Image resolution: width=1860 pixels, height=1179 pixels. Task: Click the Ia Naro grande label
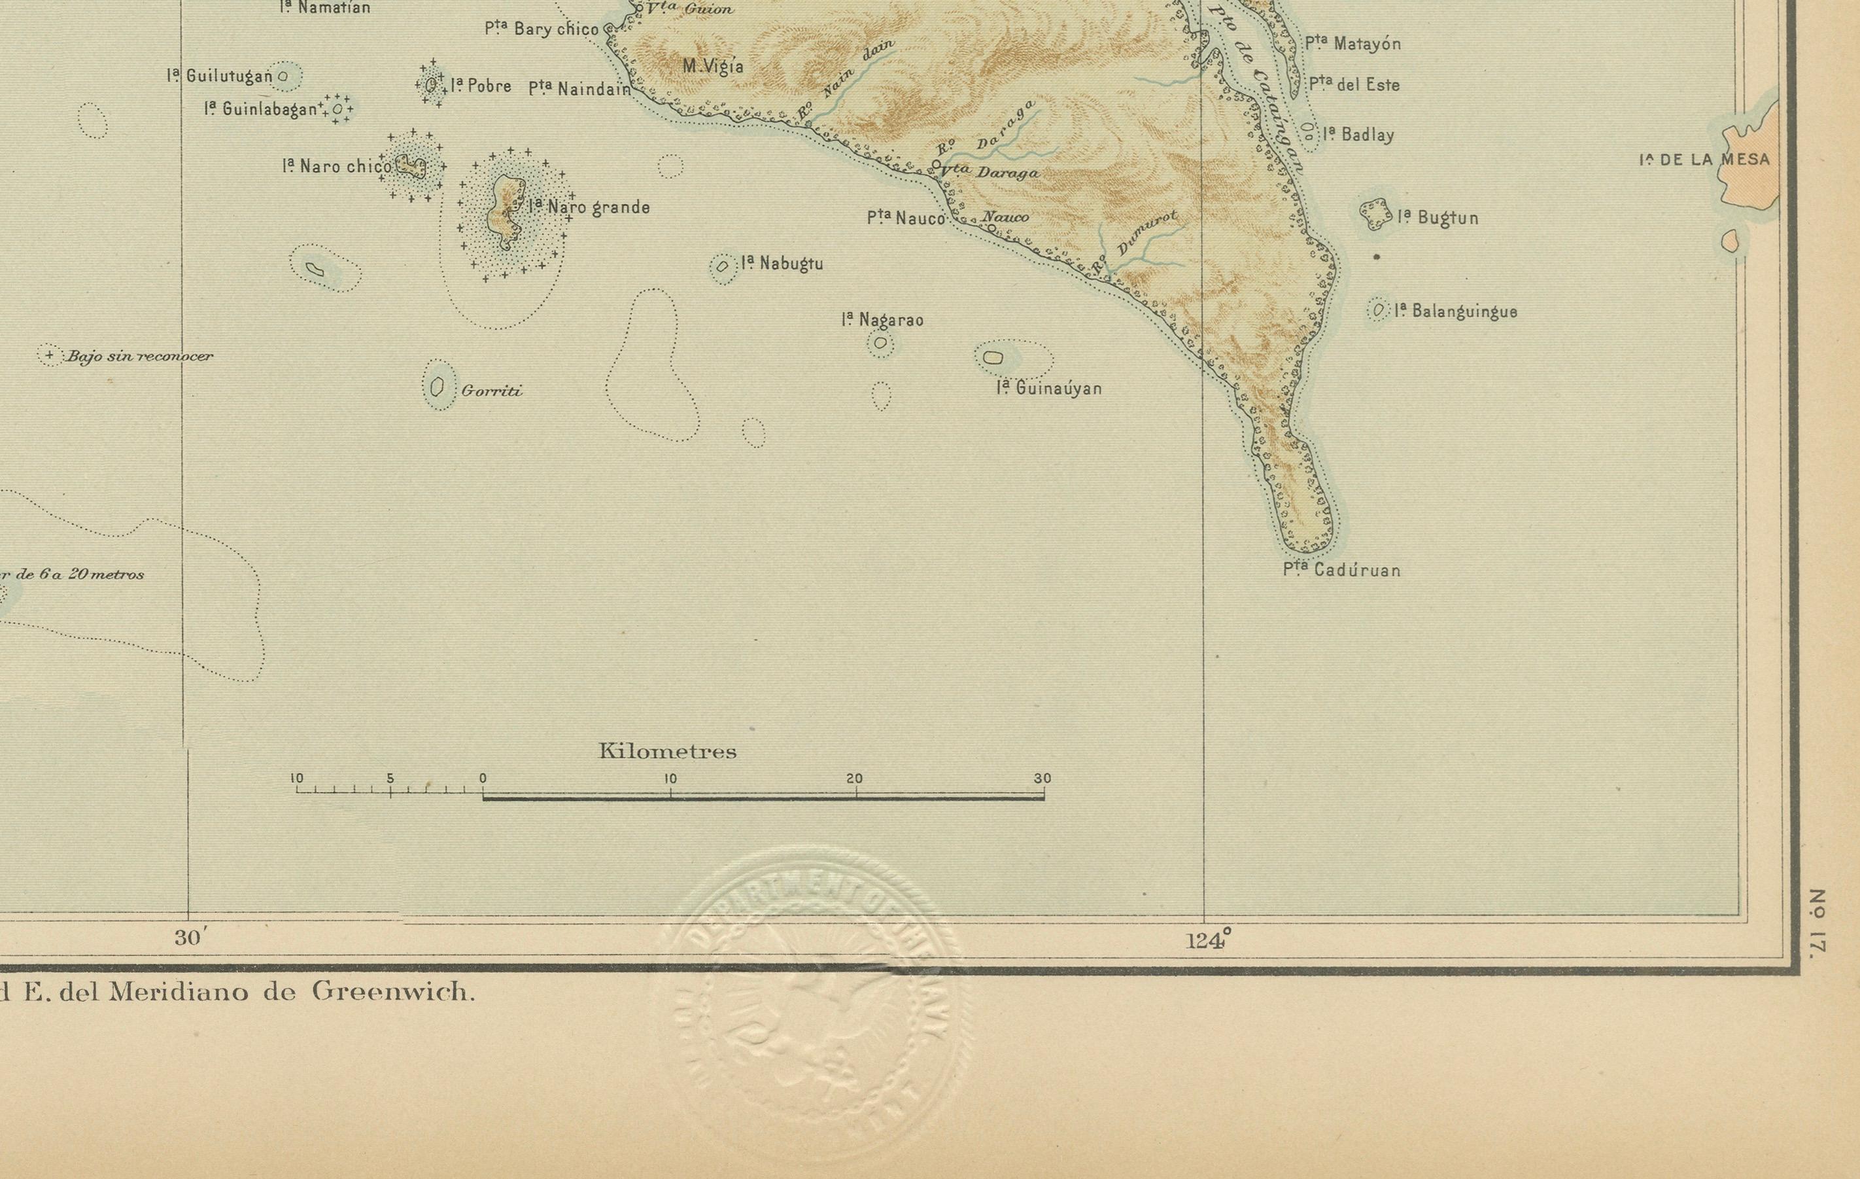pyautogui.click(x=589, y=207)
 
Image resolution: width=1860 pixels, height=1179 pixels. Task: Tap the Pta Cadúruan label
pyautogui.click(x=1342, y=570)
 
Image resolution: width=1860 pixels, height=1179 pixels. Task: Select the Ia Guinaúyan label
pyautogui.click(x=1049, y=389)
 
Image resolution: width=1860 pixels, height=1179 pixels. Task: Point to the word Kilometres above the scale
pyautogui.click(x=667, y=752)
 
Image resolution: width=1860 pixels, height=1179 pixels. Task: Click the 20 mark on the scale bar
pyautogui.click(x=854, y=779)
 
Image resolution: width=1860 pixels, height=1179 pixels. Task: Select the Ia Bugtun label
pyautogui.click(x=1438, y=218)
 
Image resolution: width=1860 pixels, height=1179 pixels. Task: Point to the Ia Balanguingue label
pyautogui.click(x=1455, y=311)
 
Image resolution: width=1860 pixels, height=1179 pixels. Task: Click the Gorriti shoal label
pyautogui.click(x=491, y=391)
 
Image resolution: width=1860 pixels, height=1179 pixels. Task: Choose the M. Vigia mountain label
pyautogui.click(x=713, y=67)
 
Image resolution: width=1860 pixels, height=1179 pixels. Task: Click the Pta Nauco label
pyautogui.click(x=905, y=219)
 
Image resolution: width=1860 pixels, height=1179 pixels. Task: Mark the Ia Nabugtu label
pyautogui.click(x=782, y=264)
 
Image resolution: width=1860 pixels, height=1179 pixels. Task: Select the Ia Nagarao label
pyautogui.click(x=882, y=320)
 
